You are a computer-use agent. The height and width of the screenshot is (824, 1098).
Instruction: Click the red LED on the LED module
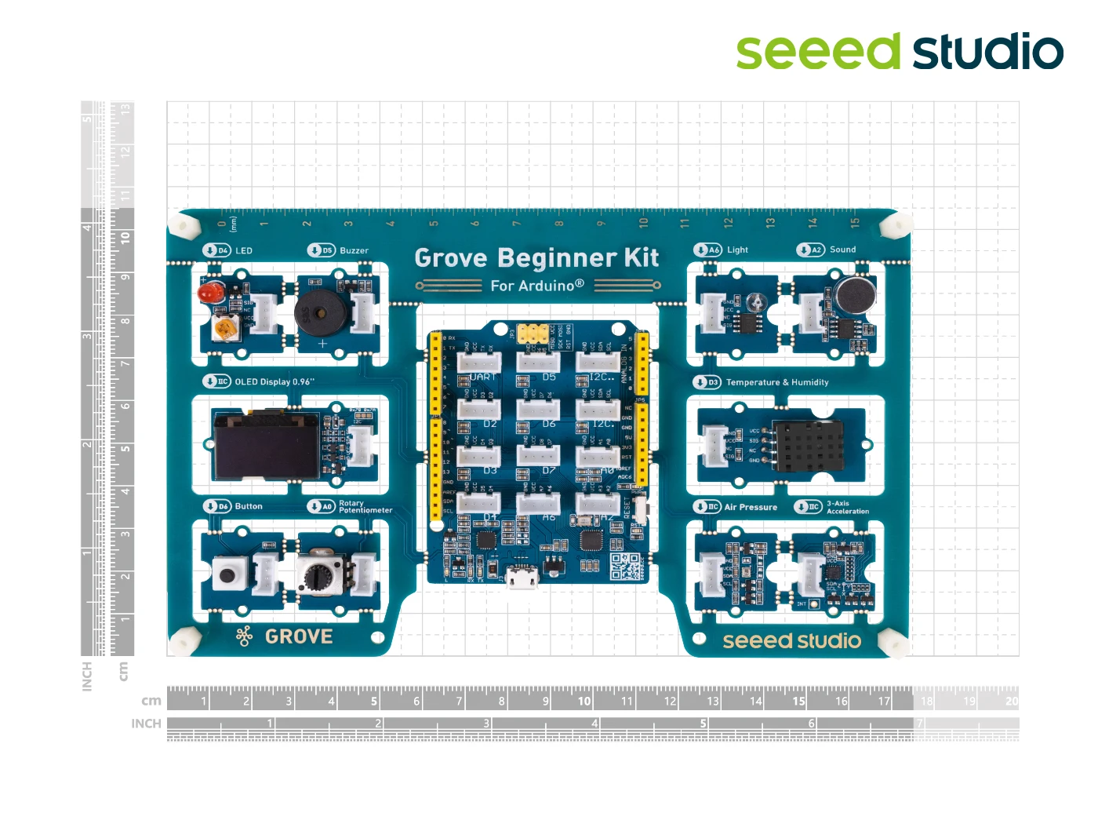click(208, 294)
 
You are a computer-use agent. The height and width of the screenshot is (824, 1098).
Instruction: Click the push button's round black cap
click(228, 575)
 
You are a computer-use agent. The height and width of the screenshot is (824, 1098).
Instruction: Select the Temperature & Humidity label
click(776, 382)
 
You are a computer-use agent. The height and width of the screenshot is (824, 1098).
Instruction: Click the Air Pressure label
click(751, 507)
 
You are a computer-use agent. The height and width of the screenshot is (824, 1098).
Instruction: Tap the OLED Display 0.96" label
click(274, 382)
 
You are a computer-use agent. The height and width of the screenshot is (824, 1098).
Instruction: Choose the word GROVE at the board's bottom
click(299, 636)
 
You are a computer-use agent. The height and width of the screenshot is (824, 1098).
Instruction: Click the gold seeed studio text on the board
click(791, 641)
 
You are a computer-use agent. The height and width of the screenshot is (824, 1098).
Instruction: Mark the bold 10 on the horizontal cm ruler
click(584, 702)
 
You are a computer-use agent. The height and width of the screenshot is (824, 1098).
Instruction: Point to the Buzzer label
click(354, 251)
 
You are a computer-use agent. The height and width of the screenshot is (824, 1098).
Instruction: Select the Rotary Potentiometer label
click(365, 507)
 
